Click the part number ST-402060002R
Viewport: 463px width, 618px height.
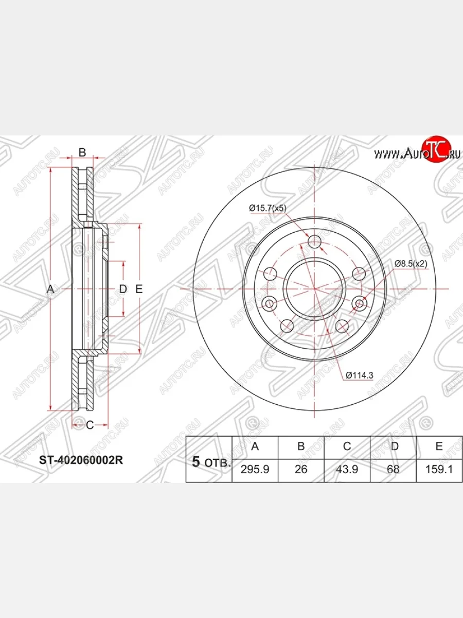[81, 460]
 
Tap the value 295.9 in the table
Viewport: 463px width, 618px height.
[255, 469]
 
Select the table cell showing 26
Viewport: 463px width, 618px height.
[301, 469]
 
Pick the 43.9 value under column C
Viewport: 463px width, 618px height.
[347, 469]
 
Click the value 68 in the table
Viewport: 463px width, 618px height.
[393, 469]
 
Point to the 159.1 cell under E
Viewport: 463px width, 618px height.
[439, 469]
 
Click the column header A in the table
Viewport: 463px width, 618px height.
[255, 447]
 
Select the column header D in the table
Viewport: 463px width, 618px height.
[395, 447]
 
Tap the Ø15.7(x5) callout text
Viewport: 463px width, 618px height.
[268, 208]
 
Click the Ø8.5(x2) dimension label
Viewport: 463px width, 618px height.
[411, 264]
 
